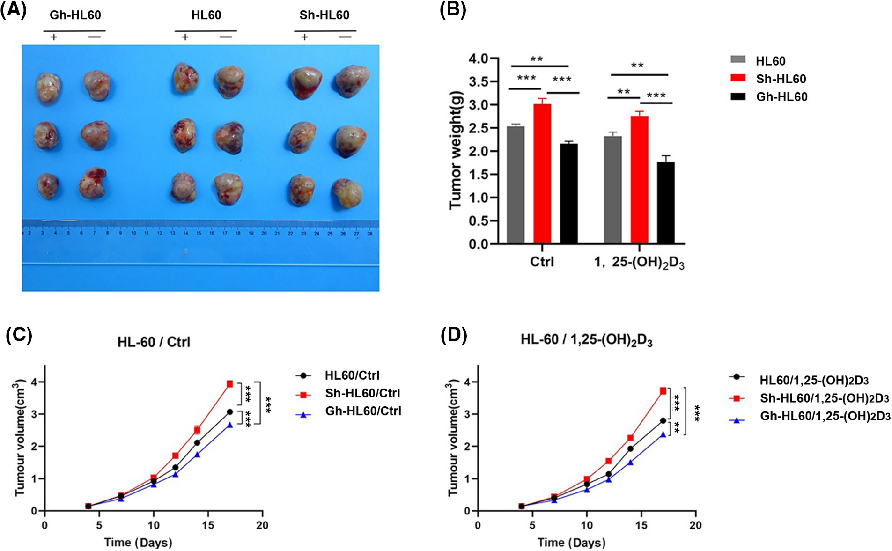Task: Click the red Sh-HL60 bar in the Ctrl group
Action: [x=542, y=173]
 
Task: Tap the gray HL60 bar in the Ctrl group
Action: [x=516, y=185]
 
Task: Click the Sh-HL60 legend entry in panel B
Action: [x=781, y=79]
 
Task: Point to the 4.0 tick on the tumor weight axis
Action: [x=479, y=59]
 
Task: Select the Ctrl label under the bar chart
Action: [x=542, y=262]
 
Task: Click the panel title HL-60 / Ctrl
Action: [x=154, y=342]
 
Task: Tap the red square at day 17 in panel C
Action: [x=230, y=384]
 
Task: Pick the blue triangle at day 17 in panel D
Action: [x=663, y=435]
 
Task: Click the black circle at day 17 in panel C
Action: [x=229, y=412]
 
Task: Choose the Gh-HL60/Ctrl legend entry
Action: [x=363, y=411]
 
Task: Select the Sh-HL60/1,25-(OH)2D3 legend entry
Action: [x=824, y=398]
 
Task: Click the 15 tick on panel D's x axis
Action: [x=641, y=525]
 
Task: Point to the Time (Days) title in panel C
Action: [x=138, y=543]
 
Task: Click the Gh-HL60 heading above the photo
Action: [x=75, y=15]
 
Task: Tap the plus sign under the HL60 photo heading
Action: [x=185, y=37]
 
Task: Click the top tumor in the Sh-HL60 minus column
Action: [x=352, y=81]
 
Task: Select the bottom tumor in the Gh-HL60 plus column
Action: [x=48, y=185]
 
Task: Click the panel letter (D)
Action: [x=454, y=335]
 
